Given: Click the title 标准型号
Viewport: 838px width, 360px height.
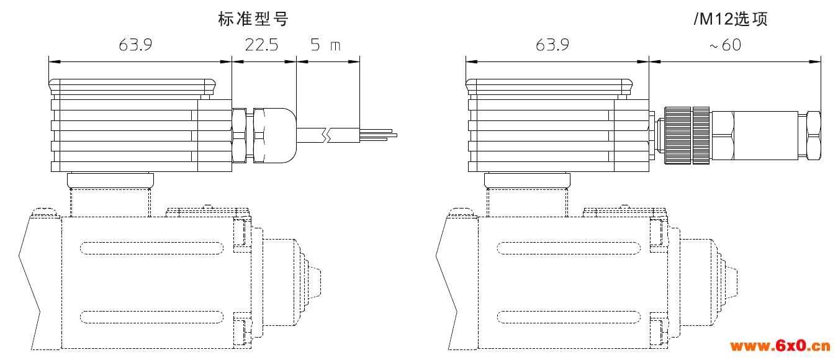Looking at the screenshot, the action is [x=253, y=19].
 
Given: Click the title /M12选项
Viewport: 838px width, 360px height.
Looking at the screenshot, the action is [x=731, y=19].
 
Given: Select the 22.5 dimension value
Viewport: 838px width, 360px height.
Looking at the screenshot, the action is [x=261, y=45].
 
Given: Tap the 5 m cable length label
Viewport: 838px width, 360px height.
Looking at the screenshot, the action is [x=325, y=45].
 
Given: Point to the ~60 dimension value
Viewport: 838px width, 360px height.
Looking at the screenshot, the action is [x=725, y=45].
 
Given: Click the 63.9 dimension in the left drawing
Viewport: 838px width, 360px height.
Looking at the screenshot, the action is [x=135, y=45].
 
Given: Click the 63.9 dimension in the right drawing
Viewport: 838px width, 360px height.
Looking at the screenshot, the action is [x=552, y=45].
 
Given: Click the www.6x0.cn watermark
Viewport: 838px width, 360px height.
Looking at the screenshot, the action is [x=780, y=346].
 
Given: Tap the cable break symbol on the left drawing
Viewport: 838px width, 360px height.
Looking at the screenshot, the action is [x=327, y=135].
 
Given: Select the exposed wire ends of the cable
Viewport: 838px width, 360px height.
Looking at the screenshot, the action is [x=378, y=135].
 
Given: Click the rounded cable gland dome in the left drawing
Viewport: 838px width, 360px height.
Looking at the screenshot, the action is [x=280, y=135].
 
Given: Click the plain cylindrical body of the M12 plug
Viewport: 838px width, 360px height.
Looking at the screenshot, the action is [x=766, y=135].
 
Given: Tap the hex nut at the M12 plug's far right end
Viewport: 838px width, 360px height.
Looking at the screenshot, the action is [x=813, y=135].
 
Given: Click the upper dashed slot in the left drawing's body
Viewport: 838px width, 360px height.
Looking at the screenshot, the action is [x=151, y=248].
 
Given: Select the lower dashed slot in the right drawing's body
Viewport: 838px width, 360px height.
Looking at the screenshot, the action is [x=569, y=317].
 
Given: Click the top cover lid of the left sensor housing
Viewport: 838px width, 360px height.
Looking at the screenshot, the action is [x=132, y=87].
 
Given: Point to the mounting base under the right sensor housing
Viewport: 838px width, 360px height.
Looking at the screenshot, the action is [x=527, y=181].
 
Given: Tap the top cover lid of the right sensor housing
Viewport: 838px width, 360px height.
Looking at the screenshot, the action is [x=549, y=87].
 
